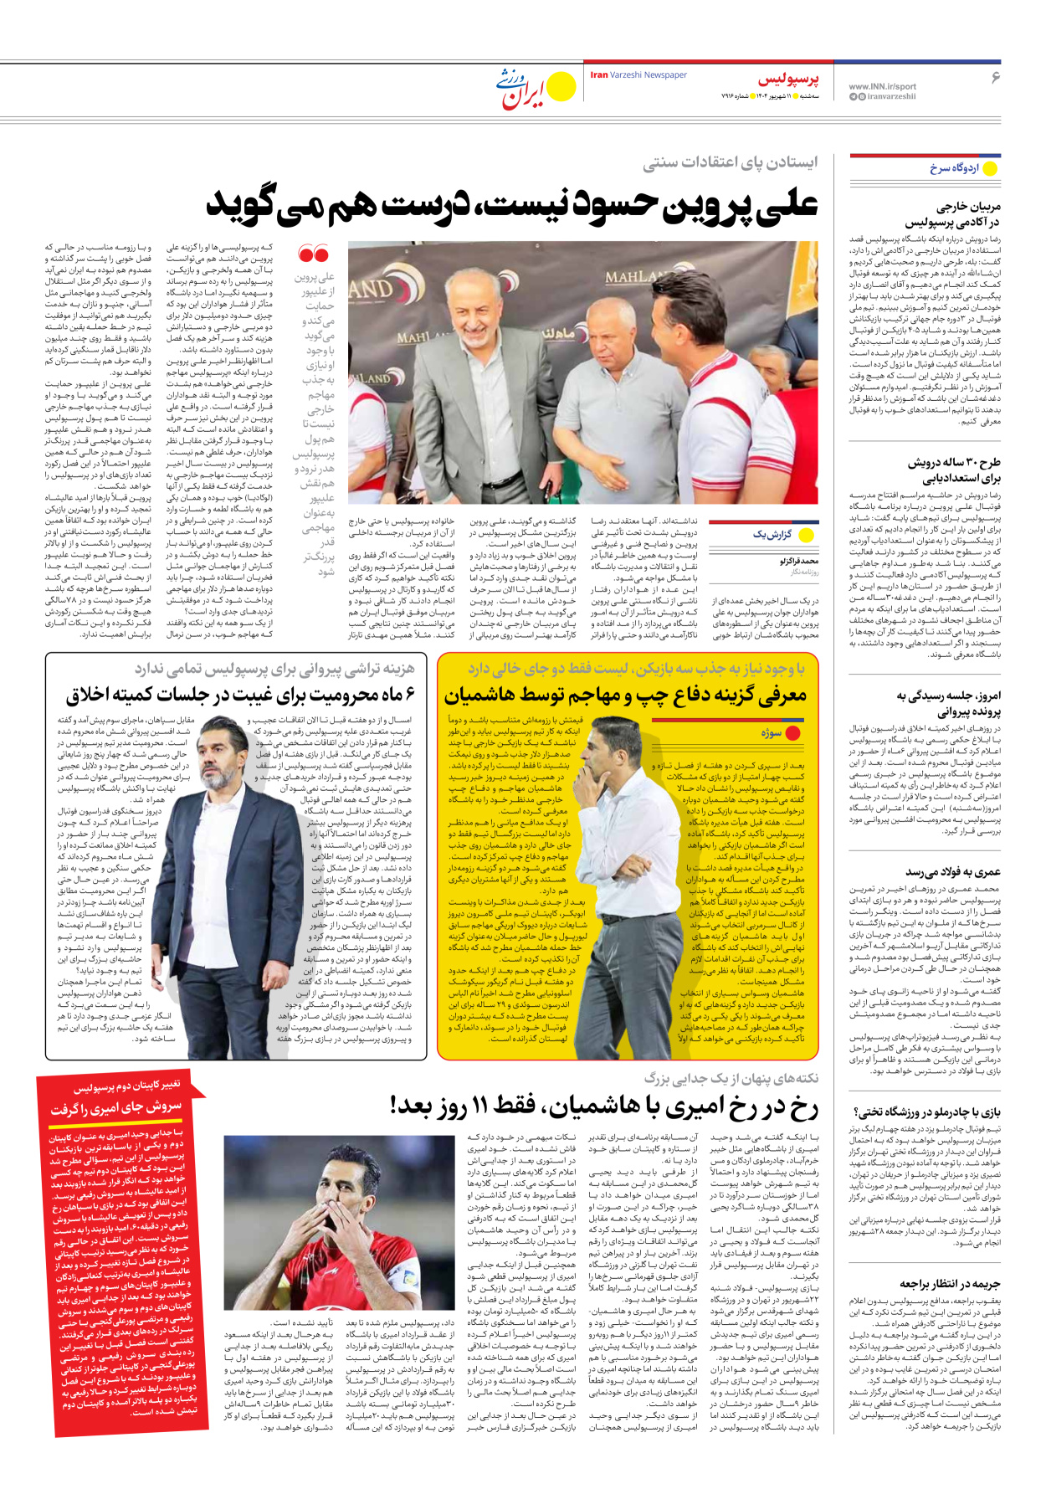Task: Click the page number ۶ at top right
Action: click(995, 77)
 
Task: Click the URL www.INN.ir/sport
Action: click(882, 86)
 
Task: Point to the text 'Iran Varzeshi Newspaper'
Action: click(638, 75)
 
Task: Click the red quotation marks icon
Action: click(314, 254)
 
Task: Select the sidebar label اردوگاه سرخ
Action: click(954, 168)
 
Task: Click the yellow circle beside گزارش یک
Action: click(807, 534)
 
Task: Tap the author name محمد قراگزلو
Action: click(799, 561)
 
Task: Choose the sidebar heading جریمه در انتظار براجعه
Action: click(950, 1283)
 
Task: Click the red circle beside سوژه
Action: click(793, 733)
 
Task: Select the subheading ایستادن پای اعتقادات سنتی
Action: click(730, 162)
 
